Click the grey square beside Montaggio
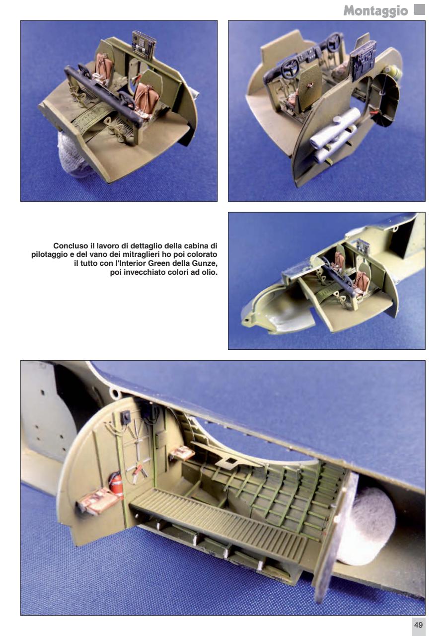click(420, 9)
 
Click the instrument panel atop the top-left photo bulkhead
click(144, 43)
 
